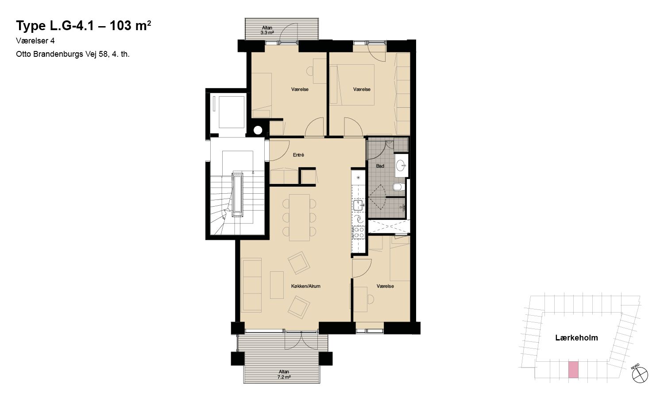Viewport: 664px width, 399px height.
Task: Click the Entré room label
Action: pos(298,155)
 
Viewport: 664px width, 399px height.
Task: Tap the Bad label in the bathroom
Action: pos(380,166)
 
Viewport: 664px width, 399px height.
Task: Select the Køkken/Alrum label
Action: pos(305,286)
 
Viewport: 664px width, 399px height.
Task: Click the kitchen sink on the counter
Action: pos(359,205)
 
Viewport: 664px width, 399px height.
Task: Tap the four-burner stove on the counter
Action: pos(359,232)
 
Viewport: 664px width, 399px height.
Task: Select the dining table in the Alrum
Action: pos(299,218)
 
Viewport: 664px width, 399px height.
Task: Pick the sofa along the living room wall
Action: pos(251,285)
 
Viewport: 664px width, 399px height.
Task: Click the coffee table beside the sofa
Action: pos(277,285)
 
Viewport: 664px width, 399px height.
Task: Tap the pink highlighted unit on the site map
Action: pos(573,370)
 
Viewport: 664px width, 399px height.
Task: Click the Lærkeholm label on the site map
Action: pos(576,338)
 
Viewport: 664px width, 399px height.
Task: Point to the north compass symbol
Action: pos(640,375)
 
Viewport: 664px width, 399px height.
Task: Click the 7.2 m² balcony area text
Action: pos(284,377)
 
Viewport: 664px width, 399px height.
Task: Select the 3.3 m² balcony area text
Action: pos(267,33)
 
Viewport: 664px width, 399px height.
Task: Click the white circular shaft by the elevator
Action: pos(258,130)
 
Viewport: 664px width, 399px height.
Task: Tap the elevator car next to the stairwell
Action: pos(231,112)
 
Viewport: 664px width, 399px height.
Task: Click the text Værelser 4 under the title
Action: pos(35,41)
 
